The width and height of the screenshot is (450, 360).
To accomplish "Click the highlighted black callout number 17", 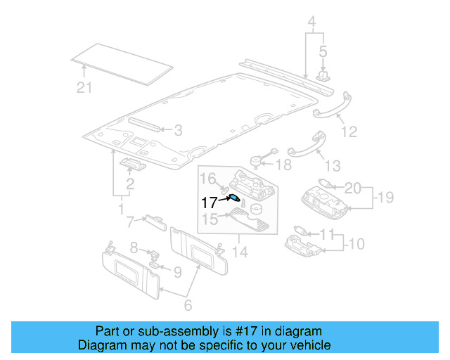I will coord(210,202).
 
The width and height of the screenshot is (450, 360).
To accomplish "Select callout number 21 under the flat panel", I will coord(84,86).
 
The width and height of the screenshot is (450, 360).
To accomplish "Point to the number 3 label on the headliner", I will coord(178,129).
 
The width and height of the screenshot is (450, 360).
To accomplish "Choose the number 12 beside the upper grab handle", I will coord(349,131).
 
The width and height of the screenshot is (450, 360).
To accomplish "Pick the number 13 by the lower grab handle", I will coord(333,165).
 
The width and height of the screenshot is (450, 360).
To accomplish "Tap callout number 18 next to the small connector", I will coord(283,165).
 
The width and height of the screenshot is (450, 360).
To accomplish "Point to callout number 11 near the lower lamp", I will coord(327,233).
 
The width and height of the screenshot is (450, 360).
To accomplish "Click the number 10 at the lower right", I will coord(356,244).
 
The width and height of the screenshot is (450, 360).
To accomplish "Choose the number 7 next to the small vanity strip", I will coord(130,222).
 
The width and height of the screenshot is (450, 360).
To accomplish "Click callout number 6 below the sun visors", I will coord(188,304).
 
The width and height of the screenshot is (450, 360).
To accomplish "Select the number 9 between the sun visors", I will coord(177,271).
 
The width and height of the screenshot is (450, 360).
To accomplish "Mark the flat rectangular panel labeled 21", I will coord(123,62).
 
